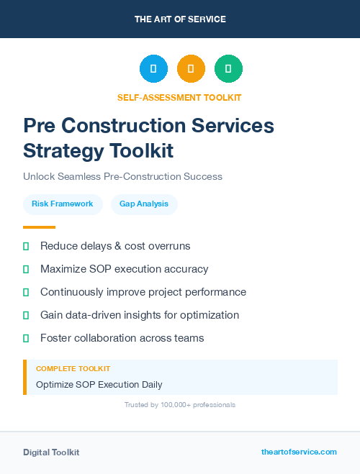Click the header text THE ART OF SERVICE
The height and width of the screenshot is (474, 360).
[180, 19]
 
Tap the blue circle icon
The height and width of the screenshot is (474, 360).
[153, 68]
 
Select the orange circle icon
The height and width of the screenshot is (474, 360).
[191, 68]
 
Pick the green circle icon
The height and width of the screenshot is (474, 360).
[228, 68]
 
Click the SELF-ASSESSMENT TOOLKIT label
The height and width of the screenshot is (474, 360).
[179, 97]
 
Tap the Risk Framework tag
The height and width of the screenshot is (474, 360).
[63, 204]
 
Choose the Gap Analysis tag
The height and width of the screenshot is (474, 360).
[144, 204]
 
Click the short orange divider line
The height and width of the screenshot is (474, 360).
[39, 227]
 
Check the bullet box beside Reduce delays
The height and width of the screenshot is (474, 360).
[26, 246]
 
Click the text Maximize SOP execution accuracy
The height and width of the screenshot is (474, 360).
[124, 269]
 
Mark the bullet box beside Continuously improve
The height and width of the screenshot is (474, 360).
[26, 292]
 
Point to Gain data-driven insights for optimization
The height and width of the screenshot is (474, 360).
[140, 315]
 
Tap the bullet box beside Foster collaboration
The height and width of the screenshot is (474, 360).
[26, 338]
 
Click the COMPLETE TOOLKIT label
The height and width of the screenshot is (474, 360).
[73, 368]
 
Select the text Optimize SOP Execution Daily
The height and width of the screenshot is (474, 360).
[99, 384]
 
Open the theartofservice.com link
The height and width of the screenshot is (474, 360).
[299, 452]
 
